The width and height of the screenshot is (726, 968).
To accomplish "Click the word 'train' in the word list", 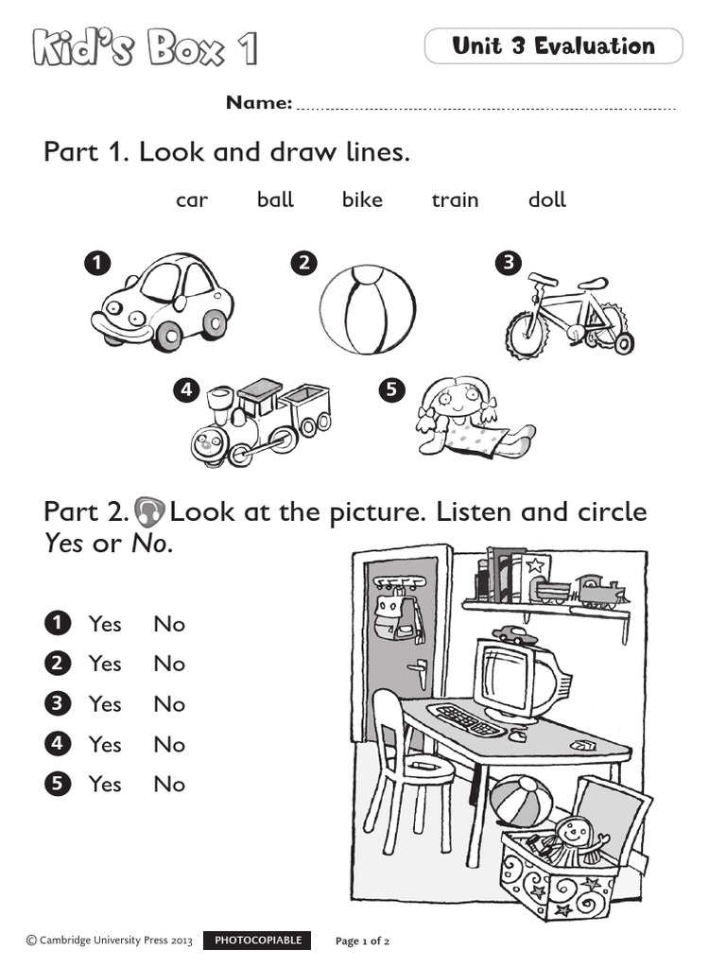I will (x=455, y=200).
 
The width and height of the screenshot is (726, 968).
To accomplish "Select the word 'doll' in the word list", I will (x=547, y=199).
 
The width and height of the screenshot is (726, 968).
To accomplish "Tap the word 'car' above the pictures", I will (x=192, y=200).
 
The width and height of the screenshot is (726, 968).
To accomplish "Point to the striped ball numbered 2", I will (x=367, y=309).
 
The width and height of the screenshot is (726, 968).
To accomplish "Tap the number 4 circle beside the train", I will (x=187, y=389).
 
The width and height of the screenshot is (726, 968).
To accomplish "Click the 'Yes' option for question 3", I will (x=105, y=704).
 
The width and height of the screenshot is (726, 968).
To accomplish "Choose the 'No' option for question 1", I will (x=169, y=625).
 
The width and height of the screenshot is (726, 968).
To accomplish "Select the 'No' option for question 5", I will (x=169, y=785).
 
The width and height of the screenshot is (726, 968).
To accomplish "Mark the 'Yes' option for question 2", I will (x=105, y=665).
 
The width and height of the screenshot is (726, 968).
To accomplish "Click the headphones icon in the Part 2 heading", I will (x=149, y=512).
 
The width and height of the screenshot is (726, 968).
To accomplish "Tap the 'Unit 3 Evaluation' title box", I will (x=553, y=46).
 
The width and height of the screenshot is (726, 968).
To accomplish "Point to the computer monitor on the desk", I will (x=515, y=677).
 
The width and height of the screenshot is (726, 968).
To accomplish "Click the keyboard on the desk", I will (x=467, y=719).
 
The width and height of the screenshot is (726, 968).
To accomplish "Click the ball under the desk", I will (x=521, y=801).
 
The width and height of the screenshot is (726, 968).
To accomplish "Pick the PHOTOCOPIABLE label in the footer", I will (x=258, y=941).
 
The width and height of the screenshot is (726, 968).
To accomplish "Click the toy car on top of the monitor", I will (x=514, y=634).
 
